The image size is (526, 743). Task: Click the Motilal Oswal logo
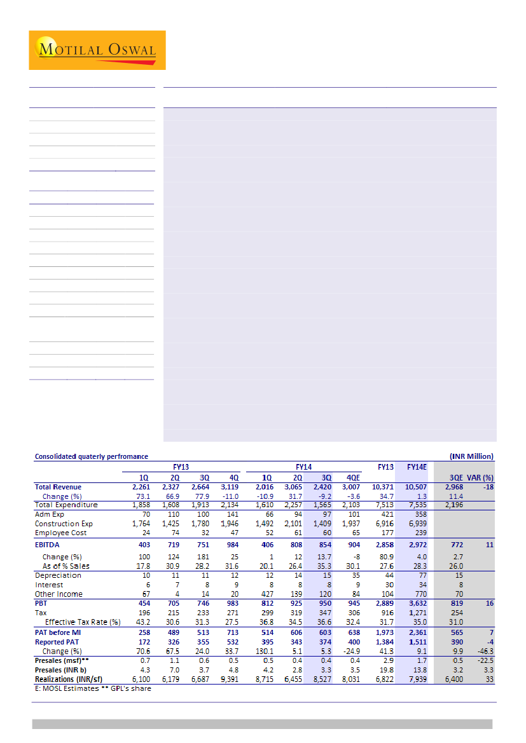pyautogui.click(x=97, y=50)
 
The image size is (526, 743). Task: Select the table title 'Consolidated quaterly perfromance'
pyautogui.click(x=91, y=456)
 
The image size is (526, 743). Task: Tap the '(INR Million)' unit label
pyautogui.click(x=471, y=456)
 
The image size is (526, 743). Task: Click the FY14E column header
pyautogui.click(x=417, y=467)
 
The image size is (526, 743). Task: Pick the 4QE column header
pyautogui.click(x=351, y=478)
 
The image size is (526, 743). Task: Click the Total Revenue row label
pyautogui.click(x=59, y=487)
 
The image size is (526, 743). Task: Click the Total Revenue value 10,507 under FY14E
pyautogui.click(x=418, y=487)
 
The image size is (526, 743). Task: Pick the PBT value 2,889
pyautogui.click(x=384, y=602)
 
